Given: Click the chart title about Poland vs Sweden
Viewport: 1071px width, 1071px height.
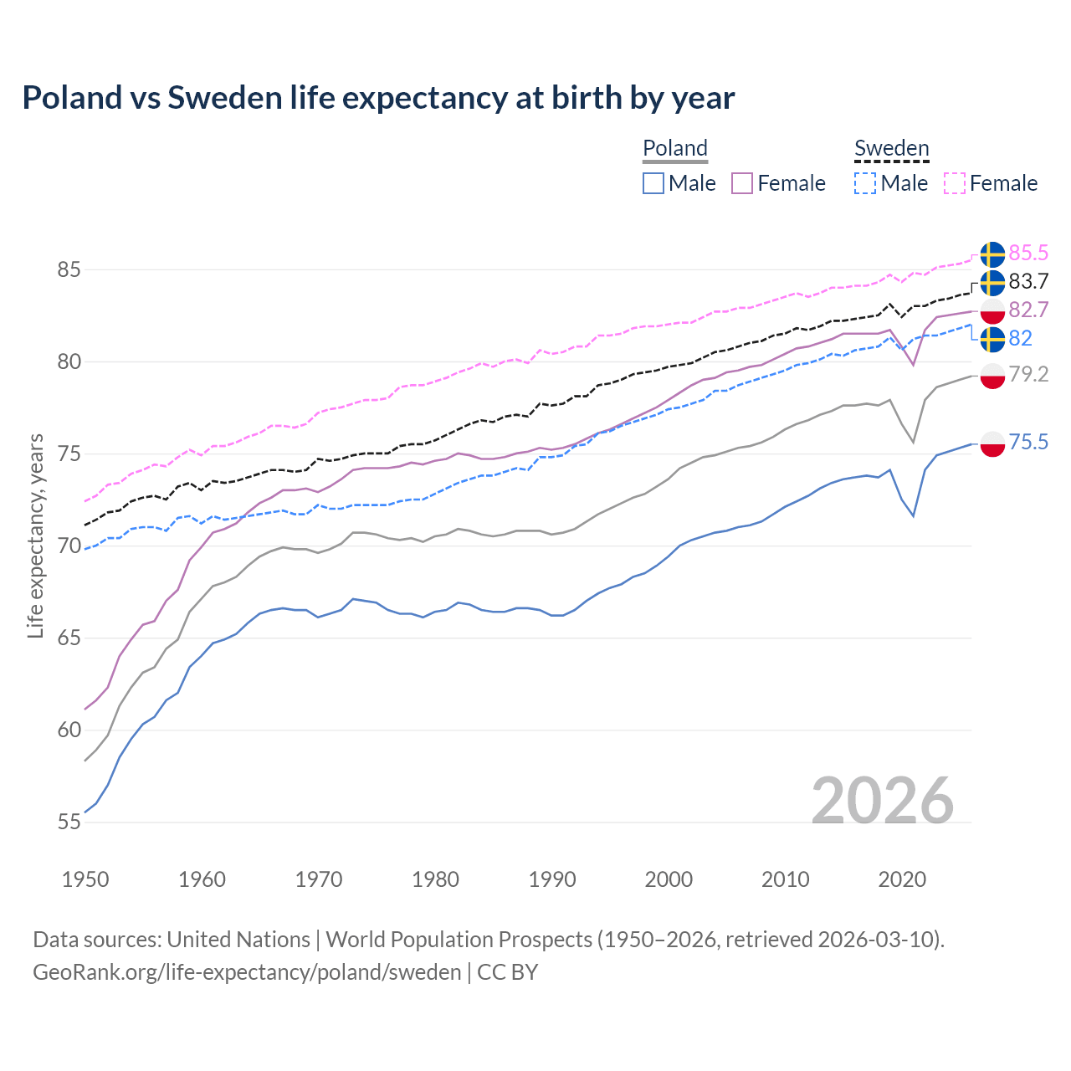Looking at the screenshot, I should coord(378,98).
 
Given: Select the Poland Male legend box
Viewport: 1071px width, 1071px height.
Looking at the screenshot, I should coord(653,183).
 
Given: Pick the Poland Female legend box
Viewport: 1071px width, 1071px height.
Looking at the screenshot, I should coord(742,183).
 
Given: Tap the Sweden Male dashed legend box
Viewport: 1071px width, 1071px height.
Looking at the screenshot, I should coord(865,183).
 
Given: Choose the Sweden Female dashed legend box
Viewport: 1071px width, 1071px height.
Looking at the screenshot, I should coord(955,183).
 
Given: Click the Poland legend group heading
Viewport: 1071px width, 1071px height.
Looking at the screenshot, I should coord(675,148).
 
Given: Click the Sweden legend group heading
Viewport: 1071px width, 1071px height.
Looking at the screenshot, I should coord(891,148).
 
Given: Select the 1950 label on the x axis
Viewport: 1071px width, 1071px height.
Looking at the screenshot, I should coord(85,879).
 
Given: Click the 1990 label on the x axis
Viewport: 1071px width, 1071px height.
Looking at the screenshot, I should coord(552,879).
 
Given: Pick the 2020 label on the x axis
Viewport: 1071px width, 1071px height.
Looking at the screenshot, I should coord(902,879).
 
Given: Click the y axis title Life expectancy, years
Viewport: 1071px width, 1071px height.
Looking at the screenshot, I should coord(35,535).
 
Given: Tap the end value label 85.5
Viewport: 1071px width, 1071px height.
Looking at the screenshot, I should coord(1028,253).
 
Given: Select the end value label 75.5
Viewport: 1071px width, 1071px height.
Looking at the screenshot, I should coord(1028,442).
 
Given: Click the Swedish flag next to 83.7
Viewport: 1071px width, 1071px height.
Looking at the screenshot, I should coord(992,283).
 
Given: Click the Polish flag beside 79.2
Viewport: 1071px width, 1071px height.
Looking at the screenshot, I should coord(992,376).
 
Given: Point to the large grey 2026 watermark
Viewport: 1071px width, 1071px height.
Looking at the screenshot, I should coord(883,801).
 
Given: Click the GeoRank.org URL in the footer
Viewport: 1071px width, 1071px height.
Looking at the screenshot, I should coord(247,972).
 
